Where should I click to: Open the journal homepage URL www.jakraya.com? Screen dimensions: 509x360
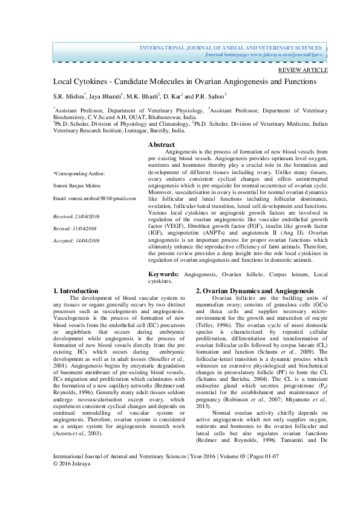point(280,54)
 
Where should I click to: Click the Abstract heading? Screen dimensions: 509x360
point(162,145)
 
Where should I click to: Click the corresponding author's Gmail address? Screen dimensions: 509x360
point(107,198)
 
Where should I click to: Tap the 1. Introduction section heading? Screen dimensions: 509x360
point(76,291)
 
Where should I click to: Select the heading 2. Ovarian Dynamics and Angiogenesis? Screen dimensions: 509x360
point(254,291)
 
